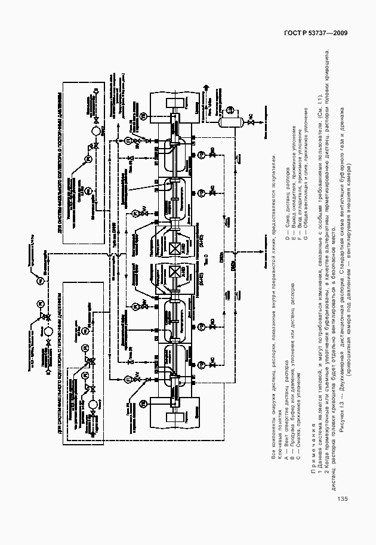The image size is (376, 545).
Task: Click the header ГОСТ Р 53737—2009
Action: (320, 33)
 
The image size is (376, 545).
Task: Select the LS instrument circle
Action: (232, 109)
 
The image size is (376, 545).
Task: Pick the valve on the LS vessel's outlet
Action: (251, 124)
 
